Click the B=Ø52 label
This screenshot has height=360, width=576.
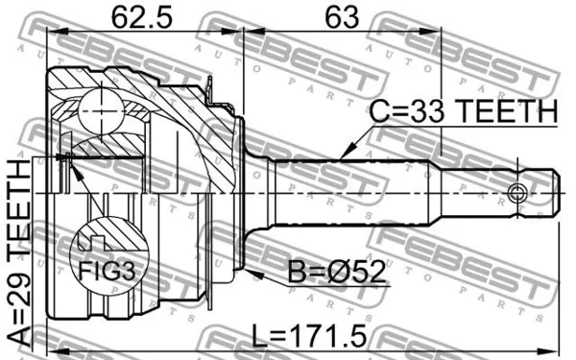[337, 274]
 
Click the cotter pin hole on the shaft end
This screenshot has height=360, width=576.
[519, 191]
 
